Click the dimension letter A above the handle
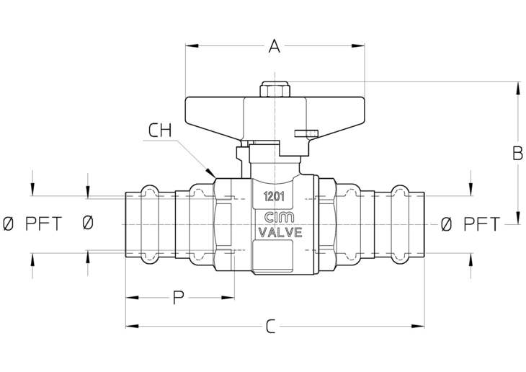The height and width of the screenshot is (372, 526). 275,46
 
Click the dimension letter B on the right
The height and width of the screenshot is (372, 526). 517,153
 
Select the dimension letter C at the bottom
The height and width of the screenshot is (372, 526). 271,327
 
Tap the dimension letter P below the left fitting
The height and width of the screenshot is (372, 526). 179,298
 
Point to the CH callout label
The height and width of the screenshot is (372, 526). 160,130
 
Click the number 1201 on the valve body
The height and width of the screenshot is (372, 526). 274,196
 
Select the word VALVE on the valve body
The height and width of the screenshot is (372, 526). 280,232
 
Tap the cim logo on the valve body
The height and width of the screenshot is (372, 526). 279,217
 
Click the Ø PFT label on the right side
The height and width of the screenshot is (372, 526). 471,224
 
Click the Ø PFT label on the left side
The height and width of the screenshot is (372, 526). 32,223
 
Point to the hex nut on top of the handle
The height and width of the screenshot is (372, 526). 275,89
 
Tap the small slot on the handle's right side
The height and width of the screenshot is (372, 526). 306,133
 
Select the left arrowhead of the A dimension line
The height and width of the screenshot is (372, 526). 192,45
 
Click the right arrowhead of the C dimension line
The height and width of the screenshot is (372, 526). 418,326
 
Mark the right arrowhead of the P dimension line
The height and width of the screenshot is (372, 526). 228,298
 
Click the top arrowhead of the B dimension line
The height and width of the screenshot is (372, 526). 518,88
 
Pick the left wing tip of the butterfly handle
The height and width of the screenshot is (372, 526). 187,110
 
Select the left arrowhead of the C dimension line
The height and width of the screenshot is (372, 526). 132,326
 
